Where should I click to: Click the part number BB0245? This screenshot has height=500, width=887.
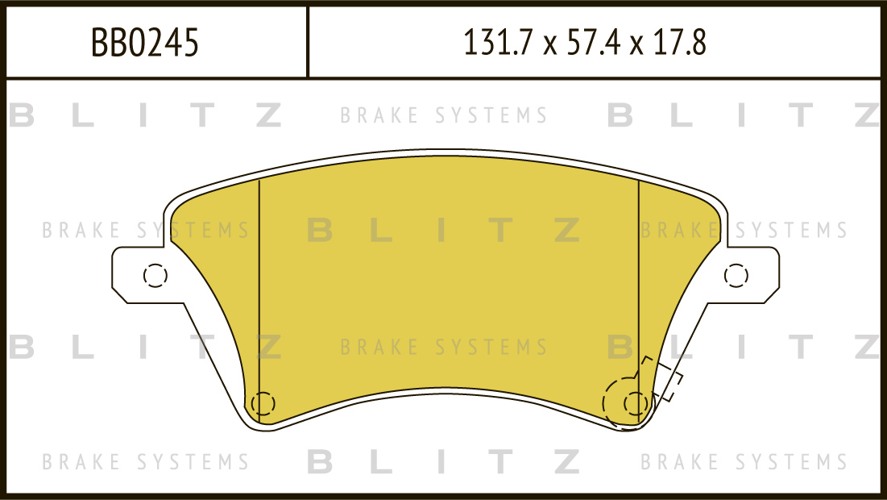(x=145, y=43)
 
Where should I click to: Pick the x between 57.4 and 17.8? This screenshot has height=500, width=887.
(x=636, y=45)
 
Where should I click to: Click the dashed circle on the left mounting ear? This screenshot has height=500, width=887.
(x=155, y=276)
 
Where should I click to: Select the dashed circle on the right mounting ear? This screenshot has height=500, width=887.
(x=736, y=276)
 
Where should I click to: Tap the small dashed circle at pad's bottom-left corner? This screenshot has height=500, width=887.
(x=263, y=402)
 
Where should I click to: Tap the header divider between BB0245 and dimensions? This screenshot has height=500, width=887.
(x=308, y=43)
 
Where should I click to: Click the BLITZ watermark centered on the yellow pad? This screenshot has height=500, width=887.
(x=443, y=231)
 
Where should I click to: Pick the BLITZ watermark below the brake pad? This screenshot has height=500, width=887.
(x=443, y=462)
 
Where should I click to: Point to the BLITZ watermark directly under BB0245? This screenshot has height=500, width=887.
(x=145, y=116)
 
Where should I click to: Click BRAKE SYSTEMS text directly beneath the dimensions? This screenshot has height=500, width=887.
(x=443, y=116)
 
